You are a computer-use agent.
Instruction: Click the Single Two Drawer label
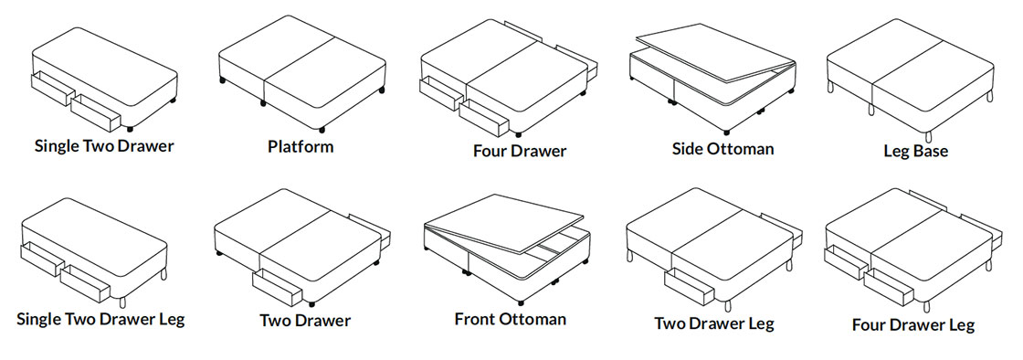pos(104,145)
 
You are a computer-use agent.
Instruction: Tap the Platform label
pos(301,146)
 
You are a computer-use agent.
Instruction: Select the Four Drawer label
pos(520,152)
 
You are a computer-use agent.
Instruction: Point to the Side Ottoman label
pos(722,149)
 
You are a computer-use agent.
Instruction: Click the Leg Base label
pos(916,152)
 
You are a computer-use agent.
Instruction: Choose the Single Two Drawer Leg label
pos(100,320)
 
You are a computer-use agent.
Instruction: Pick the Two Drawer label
pos(305,321)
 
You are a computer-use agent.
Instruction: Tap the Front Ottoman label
pos(511,320)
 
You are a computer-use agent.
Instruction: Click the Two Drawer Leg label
pos(714,323)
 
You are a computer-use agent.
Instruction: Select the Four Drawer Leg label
pos(913,324)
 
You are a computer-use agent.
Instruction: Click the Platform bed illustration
pos(301,73)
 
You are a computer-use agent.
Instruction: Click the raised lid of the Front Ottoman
pos(503,223)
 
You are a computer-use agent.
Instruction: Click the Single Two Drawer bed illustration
pos(104,79)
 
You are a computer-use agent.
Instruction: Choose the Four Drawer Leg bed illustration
pos(913,249)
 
